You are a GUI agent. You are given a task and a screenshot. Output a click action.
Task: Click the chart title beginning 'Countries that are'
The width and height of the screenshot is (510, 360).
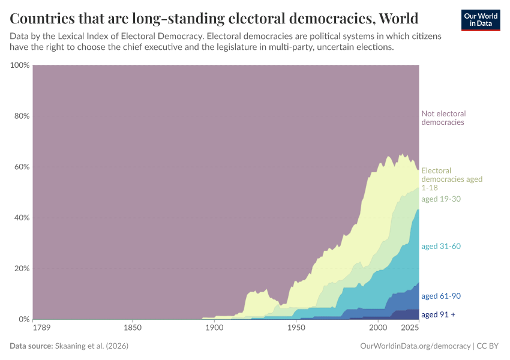click(214, 17)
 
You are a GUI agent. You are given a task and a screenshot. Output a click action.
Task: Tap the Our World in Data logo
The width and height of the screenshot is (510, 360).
click(480, 20)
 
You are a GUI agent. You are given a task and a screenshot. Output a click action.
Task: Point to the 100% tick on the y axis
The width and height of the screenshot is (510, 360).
click(20, 65)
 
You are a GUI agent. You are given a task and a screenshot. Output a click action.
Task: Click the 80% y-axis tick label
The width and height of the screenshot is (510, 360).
click(22, 116)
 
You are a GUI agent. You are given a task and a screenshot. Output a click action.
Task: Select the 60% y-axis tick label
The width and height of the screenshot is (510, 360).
click(22, 167)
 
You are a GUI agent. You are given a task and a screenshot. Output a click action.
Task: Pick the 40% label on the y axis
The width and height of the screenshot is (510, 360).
click(22, 217)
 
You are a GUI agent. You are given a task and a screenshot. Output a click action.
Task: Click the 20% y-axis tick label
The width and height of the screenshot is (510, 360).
click(22, 268)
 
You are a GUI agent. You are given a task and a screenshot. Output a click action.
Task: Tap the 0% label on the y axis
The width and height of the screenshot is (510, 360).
click(24, 319)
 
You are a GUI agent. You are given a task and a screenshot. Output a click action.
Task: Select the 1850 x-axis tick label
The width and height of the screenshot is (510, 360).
click(133, 328)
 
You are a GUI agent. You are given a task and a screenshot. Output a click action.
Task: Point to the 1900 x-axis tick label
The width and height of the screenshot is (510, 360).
click(214, 328)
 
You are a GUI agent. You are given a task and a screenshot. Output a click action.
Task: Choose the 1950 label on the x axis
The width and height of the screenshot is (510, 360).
click(296, 328)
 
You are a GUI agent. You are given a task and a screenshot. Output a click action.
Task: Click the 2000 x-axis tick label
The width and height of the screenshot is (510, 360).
click(377, 328)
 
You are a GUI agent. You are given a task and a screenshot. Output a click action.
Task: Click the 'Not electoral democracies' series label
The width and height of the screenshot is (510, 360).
click(443, 118)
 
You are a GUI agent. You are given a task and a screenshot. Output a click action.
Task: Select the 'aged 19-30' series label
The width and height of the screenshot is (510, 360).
click(441, 199)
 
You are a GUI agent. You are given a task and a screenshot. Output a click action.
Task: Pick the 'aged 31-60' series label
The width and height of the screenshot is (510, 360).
click(441, 246)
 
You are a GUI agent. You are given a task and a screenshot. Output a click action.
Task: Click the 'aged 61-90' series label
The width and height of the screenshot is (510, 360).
click(441, 296)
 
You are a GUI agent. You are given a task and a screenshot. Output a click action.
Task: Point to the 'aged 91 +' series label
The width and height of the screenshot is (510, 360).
click(438, 314)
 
